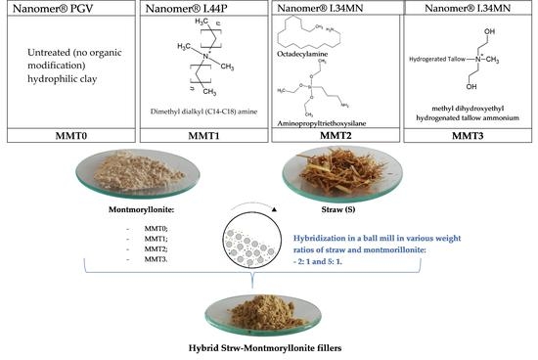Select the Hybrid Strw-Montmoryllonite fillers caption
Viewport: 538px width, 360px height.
[x=269, y=348]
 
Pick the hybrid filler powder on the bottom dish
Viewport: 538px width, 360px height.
[x=268, y=312]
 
